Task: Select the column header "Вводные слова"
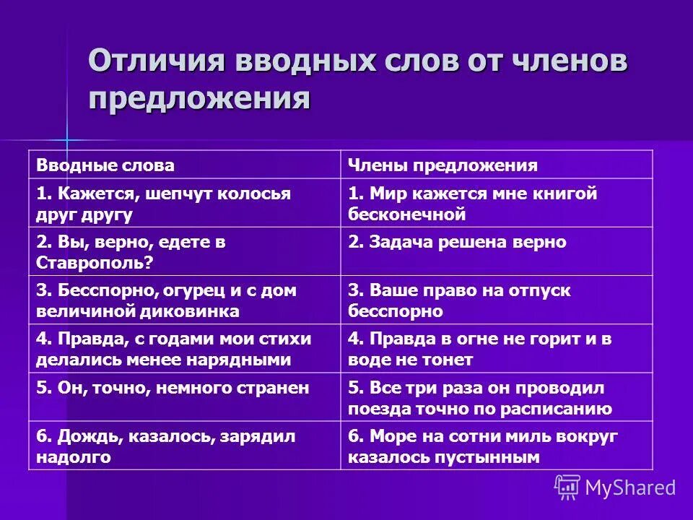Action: coord(105,165)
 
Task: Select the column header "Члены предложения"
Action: coord(443,165)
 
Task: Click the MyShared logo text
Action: coord(630,487)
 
